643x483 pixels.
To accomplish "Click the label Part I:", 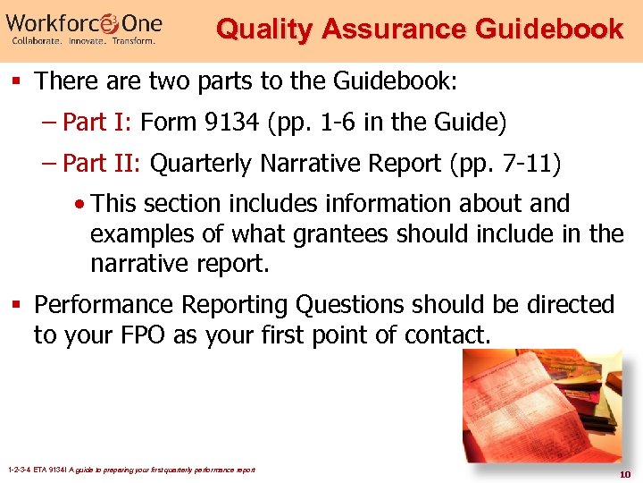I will [x=99, y=122].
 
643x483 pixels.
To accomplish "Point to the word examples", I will [x=139, y=234].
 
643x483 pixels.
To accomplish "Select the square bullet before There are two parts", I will [x=20, y=82].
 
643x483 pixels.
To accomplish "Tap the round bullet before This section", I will [x=81, y=204].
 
